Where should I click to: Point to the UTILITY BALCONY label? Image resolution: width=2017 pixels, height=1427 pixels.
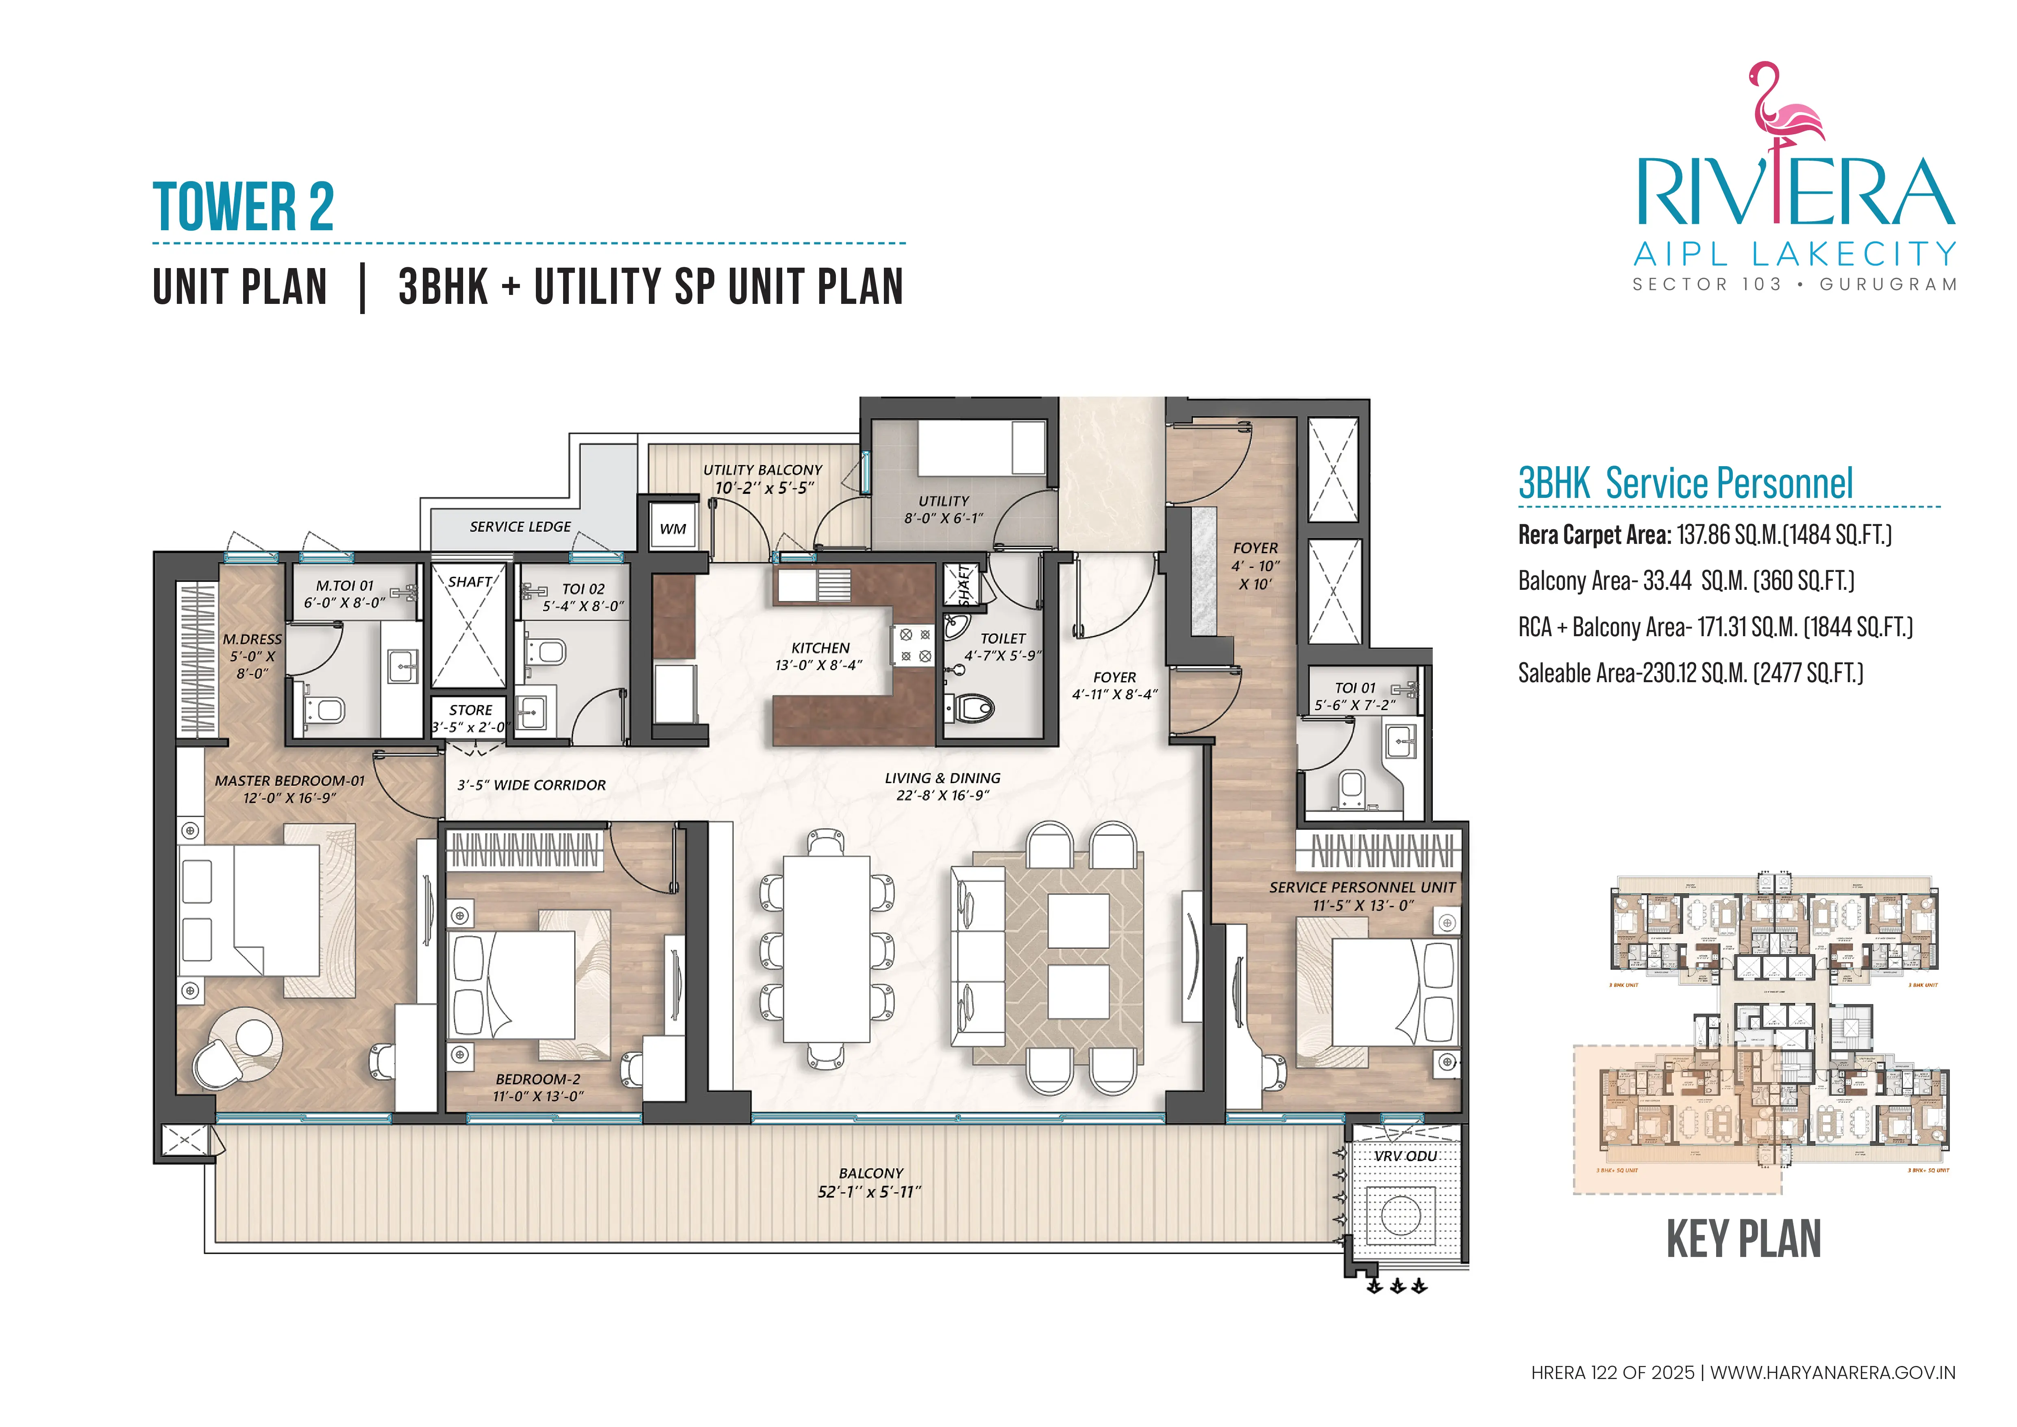pos(763,470)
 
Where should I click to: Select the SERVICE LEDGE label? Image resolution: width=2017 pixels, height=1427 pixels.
pos(520,526)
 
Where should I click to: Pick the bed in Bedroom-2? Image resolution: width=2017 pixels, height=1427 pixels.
pos(514,984)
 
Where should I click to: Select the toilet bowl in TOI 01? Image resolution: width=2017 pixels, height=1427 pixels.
pos(1351,786)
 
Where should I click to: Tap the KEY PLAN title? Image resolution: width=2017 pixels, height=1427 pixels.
pos(1744,1239)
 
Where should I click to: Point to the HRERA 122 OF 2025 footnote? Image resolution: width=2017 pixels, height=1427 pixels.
pos(1612,1372)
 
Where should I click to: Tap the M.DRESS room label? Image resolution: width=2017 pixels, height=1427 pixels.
pos(252,640)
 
